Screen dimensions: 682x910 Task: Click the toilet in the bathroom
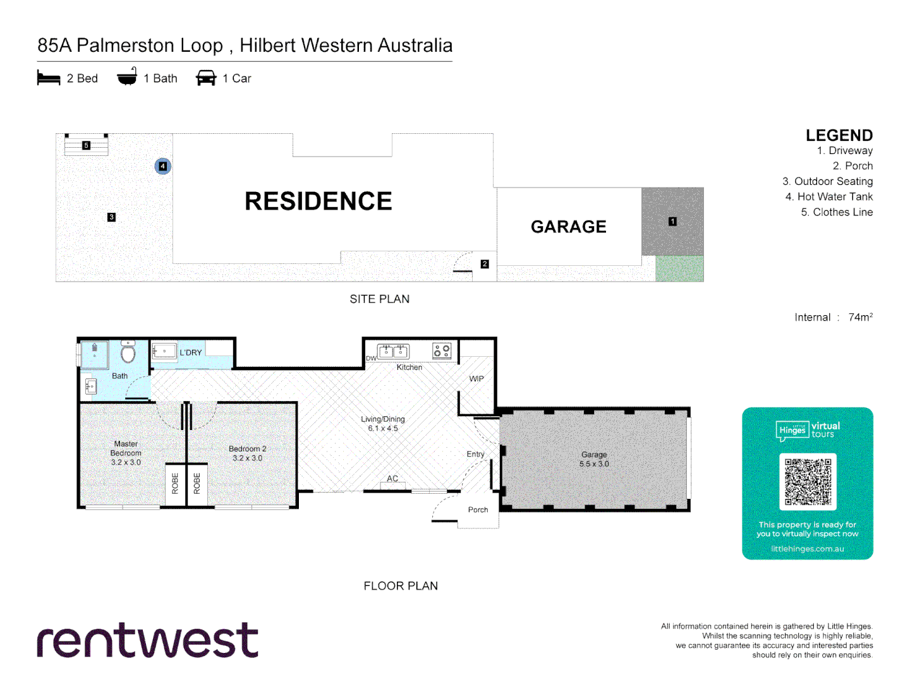128,352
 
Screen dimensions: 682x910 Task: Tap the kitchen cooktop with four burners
442,350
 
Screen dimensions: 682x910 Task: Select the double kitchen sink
393,351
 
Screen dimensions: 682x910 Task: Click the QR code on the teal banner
808,482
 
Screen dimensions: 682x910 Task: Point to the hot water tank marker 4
163,166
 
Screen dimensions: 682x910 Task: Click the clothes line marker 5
87,145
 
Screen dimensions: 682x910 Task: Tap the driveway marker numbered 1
672,222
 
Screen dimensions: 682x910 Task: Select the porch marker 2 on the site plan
485,264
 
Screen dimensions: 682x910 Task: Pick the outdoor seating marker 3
111,217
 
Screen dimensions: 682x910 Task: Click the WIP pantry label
476,379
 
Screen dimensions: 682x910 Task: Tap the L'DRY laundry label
190,352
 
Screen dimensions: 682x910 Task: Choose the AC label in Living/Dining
392,479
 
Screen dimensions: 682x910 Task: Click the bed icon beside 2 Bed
49,78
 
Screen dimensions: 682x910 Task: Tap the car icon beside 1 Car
206,78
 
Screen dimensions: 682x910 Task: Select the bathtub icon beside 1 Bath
127,78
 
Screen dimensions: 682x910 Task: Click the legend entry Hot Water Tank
828,196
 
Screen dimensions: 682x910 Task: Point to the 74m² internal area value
860,317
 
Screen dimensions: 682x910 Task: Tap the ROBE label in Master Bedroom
175,484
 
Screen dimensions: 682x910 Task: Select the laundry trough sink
165,350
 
